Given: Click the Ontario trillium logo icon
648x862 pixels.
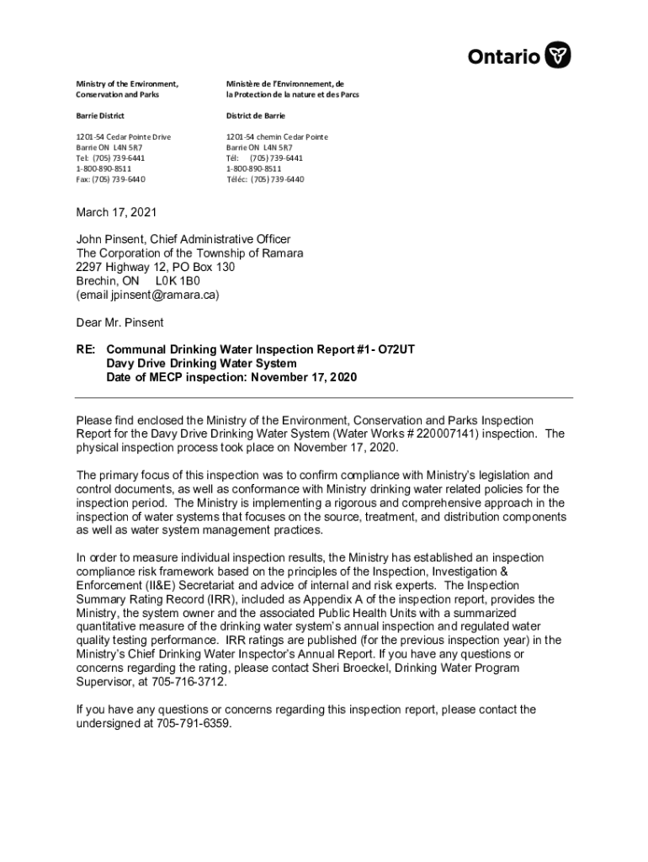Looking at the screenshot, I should (x=558, y=56).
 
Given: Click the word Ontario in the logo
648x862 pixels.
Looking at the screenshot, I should (x=504, y=56).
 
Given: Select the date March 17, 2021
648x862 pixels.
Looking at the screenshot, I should (x=116, y=213).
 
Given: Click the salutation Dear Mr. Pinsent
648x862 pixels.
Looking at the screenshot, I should (x=120, y=322).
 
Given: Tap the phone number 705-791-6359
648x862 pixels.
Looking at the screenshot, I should (x=196, y=724).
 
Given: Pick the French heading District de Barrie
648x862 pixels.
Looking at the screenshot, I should (x=255, y=115).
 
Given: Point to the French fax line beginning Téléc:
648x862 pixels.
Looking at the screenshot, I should (x=264, y=179).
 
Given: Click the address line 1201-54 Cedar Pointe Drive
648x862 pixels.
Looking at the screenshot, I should (x=123, y=136).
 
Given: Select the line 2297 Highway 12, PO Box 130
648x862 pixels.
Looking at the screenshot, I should (x=156, y=267).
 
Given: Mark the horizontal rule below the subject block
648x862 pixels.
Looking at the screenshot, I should (x=324, y=397).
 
